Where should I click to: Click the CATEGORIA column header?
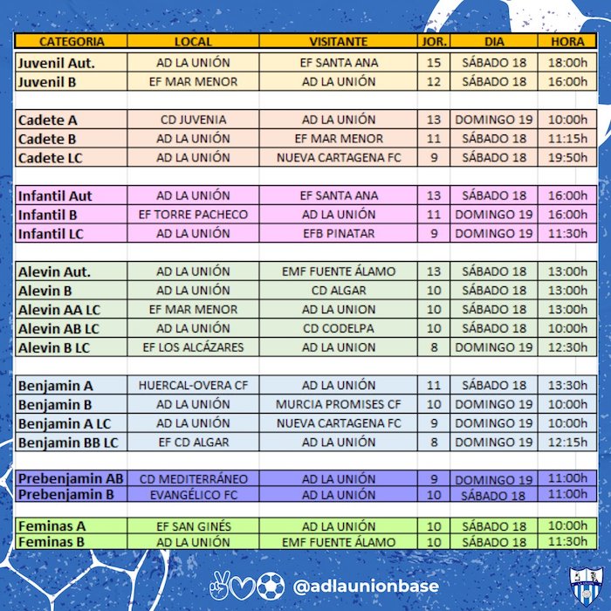[x=72, y=41]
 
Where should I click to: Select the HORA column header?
[x=568, y=41]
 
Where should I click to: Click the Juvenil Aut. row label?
[x=57, y=63]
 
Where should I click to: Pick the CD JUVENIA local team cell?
[x=194, y=120]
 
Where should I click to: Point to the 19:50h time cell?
[x=568, y=158]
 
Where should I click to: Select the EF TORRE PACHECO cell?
[x=194, y=215]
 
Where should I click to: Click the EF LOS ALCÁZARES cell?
[x=194, y=347]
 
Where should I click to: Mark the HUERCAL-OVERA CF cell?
[x=194, y=385]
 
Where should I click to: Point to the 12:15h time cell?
[x=568, y=442]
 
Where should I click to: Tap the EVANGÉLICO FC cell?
[x=194, y=495]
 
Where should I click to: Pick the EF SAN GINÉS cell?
[x=194, y=526]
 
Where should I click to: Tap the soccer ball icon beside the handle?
[x=271, y=585]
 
